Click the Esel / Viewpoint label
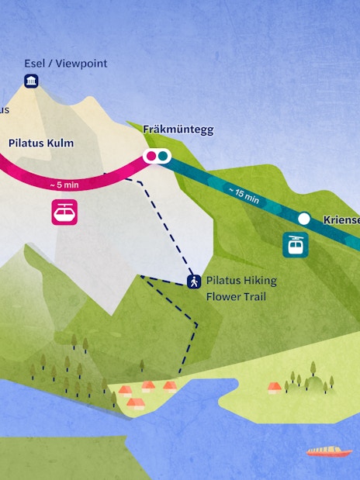66,64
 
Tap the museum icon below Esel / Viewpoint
31,81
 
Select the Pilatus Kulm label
41,143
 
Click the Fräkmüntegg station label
178,129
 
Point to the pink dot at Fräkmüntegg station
152,157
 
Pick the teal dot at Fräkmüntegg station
163,157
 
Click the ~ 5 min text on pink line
64,185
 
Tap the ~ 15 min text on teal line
244,194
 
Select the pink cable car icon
64,212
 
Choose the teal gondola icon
296,245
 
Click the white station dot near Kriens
304,219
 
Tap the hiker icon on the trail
193,281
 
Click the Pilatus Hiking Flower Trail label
241,288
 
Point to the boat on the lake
329,451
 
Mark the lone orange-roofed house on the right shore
274,386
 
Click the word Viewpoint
81,64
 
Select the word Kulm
60,143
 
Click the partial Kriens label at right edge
341,220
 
